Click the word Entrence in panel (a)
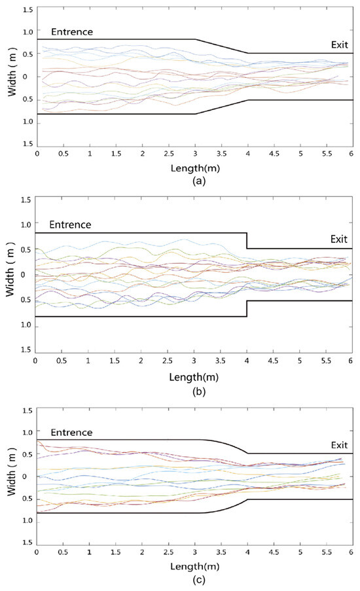click(72, 31)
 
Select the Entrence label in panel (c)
click(71, 433)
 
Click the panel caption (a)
click(195, 182)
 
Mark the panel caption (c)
click(194, 579)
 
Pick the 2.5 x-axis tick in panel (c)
click(169, 552)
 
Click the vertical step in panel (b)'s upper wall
click(247, 240)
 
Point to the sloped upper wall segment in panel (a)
click(221, 46)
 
